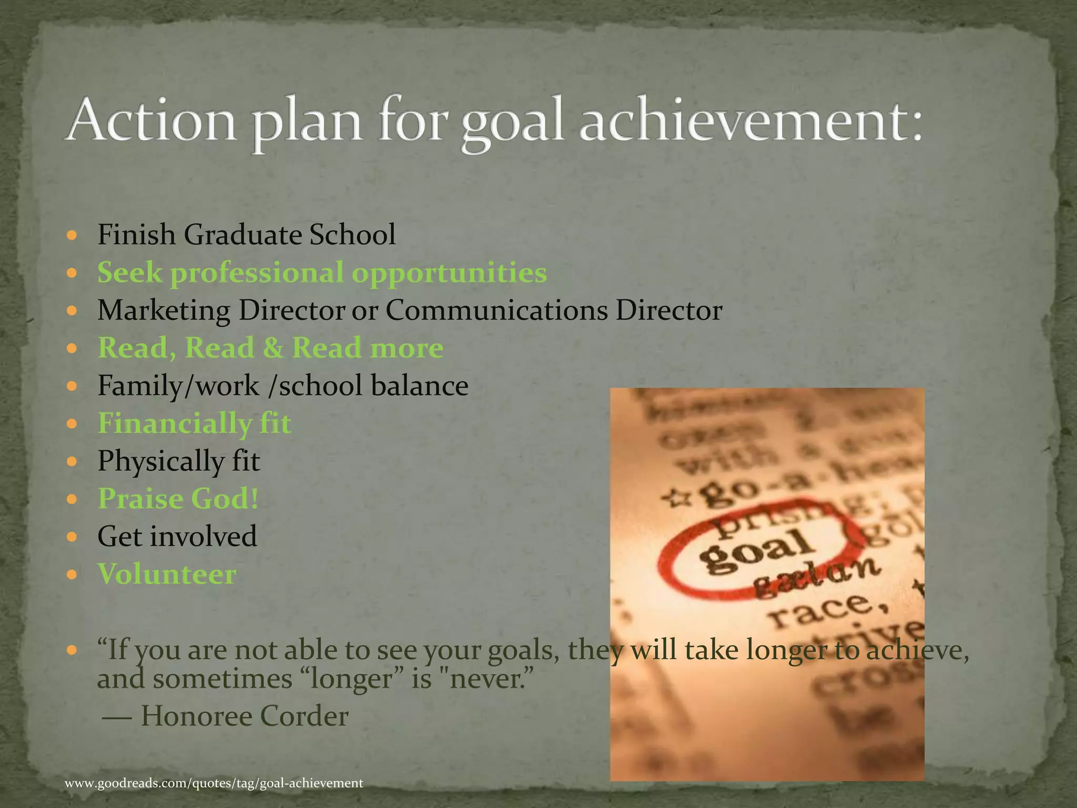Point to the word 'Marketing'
[164, 310]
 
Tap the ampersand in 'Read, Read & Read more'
[272, 348]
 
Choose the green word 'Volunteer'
[167, 574]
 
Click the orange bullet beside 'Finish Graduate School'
[73, 235]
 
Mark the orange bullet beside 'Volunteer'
[73, 574]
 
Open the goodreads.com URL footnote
[214, 783]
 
